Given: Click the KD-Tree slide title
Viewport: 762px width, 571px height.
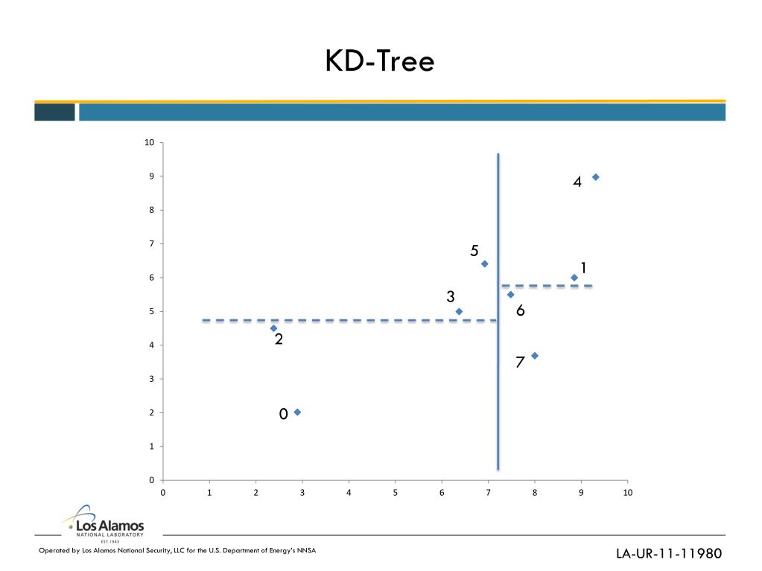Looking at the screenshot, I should point(379,62).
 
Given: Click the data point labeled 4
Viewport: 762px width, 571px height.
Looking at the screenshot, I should point(595,177).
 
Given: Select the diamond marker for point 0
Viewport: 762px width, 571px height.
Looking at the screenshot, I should point(297,412).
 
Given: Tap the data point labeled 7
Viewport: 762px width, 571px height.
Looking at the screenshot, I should point(534,356).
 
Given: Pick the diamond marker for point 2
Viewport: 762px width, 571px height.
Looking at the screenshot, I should point(273,328).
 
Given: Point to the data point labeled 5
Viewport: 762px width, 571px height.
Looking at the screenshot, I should point(484,264).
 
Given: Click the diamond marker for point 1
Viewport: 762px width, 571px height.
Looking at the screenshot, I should point(574,278).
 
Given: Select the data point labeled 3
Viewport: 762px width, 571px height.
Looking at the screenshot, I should point(459,311).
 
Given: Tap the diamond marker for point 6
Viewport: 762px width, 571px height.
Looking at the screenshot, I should point(510,295).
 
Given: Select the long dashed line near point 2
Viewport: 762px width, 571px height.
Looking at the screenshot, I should point(335,320).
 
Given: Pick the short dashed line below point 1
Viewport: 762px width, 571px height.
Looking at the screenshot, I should point(547,285).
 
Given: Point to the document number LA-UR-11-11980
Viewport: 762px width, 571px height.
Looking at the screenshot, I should point(669,553).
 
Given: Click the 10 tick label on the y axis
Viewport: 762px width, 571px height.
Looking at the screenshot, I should point(150,143).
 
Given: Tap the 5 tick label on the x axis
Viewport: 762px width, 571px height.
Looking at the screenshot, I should point(396,493).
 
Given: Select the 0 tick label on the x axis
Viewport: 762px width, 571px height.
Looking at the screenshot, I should point(163,493).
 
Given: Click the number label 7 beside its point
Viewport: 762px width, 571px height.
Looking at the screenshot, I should point(520,363).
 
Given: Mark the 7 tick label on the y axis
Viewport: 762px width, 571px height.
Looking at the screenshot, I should point(151,244).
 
